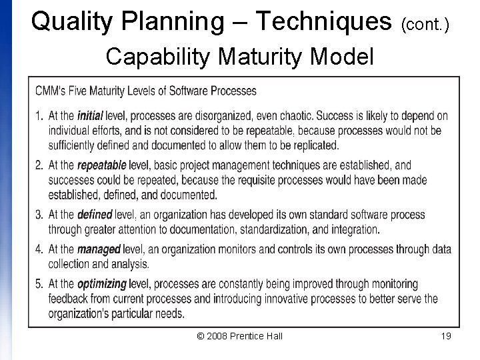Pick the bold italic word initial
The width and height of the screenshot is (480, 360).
[x=91, y=116]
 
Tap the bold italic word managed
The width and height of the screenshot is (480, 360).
[x=99, y=249]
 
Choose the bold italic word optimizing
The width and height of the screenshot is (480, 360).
[x=102, y=284]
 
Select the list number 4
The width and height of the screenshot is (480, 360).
[x=39, y=249]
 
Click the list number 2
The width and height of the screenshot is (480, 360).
[x=39, y=165]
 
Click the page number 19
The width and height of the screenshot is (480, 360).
[x=446, y=336]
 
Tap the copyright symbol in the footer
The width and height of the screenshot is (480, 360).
[x=201, y=336]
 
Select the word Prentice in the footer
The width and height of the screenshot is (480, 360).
[x=247, y=336]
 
